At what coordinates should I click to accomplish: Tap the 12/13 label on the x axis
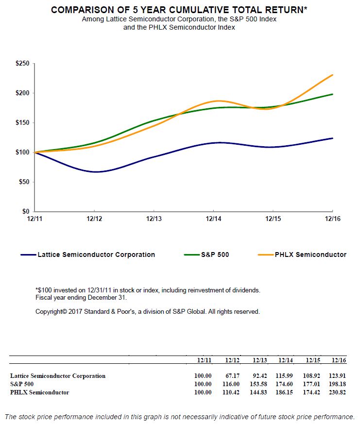click(x=154, y=220)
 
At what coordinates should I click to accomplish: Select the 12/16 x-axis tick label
click(x=332, y=220)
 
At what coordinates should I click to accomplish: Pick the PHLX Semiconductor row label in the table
click(x=39, y=392)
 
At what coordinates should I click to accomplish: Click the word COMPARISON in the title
click(x=81, y=10)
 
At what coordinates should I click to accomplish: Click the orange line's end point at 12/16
click(x=333, y=75)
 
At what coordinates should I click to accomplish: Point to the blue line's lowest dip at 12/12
click(x=95, y=172)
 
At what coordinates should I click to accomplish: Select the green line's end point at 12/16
click(x=333, y=94)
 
